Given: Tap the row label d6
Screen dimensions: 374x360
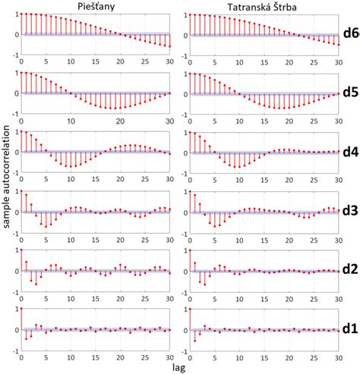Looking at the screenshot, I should coord(350,34).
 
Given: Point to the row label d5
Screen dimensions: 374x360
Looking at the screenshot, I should coord(350,93).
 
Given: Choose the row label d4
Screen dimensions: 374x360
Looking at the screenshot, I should coord(350,152).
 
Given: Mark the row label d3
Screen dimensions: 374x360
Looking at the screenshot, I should coord(350,212).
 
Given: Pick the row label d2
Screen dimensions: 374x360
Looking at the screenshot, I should coord(350,270).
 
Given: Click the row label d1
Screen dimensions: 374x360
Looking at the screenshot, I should coord(350,329).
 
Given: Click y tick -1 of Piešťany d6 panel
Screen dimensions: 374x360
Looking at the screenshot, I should coord(13,55).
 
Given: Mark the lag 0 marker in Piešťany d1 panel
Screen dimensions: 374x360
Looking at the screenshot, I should coord(21,309).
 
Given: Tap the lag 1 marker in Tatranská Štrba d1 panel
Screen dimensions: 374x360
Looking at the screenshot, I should coord(195,341).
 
